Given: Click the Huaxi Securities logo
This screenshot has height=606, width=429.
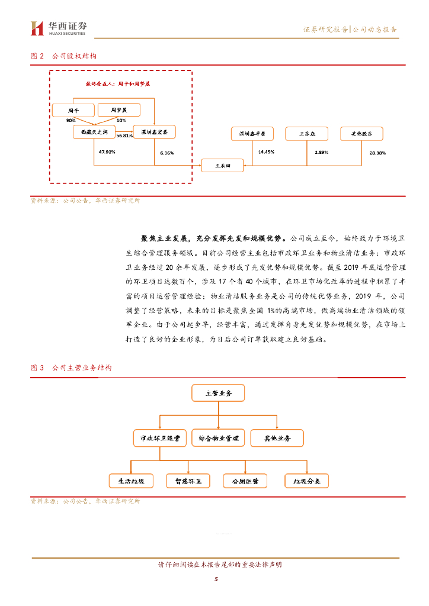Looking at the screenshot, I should pos(59,28).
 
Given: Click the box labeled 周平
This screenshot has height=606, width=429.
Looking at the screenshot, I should pos(73,110).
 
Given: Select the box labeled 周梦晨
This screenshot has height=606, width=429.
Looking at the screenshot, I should pos(119,110).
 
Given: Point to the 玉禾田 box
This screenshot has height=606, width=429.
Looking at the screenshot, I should pos(222,166).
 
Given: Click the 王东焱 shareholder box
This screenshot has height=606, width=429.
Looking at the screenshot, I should pos(306,134).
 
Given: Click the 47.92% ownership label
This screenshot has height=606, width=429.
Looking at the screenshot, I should pos(107,152).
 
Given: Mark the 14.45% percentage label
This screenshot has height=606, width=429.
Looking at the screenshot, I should pos(266,151).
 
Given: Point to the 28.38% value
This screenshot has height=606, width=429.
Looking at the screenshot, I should pos(377,153).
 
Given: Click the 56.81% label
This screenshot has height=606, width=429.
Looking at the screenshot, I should pos(124,136).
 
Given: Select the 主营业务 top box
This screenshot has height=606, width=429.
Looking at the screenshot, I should pos(218,393).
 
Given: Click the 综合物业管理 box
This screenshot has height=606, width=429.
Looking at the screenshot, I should pos(218,439).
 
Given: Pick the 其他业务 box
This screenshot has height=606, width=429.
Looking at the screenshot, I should pos(277,439).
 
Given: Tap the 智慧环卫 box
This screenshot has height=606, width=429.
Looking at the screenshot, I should pos(188,481).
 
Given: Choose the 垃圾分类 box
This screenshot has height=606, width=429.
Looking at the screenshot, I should pos(306,481).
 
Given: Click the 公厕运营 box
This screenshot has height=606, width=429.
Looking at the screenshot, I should pos(245,481).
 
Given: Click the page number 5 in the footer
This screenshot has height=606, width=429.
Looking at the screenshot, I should pos(216,579).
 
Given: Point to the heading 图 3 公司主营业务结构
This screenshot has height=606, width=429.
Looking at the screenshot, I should pos(71,368).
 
